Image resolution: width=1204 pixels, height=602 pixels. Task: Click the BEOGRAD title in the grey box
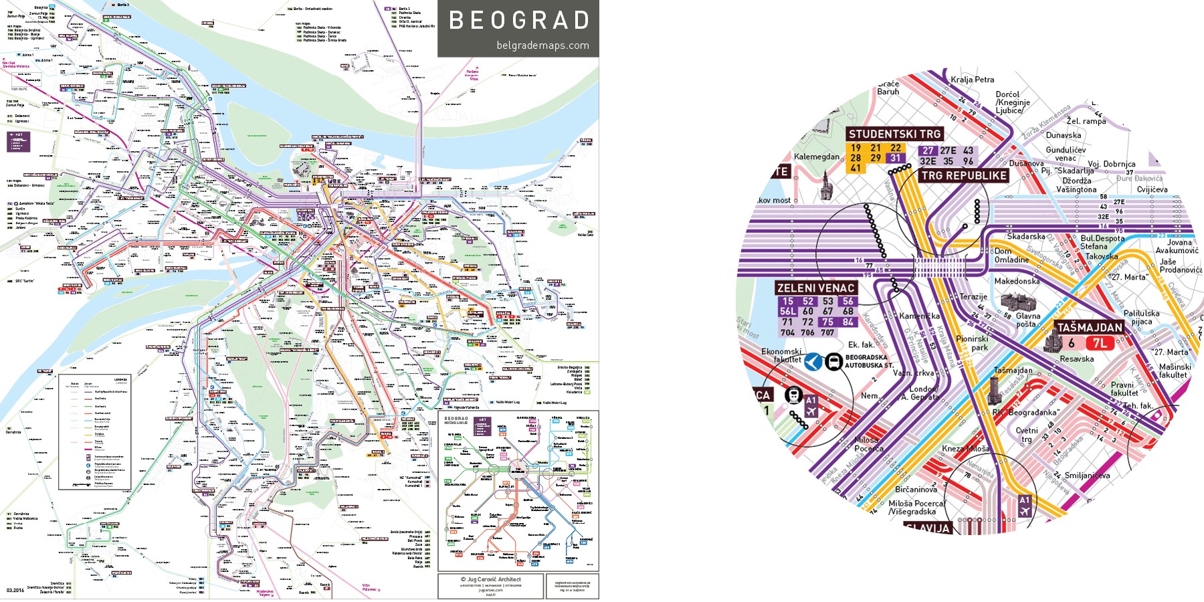tap(519, 20)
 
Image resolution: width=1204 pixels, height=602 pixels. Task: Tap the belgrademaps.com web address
tap(542, 45)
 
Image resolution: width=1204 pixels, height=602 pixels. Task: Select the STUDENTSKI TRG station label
tap(894, 134)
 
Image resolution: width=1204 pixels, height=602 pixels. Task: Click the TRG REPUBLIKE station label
tap(964, 175)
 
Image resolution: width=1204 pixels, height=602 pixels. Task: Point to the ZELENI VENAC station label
tap(815, 288)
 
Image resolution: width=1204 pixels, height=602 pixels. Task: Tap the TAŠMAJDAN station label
tap(1089, 327)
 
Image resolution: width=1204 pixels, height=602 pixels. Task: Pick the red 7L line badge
tap(1100, 344)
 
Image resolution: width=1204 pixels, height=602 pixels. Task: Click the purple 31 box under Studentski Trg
tap(895, 158)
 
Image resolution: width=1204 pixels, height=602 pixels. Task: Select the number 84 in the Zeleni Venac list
tap(847, 322)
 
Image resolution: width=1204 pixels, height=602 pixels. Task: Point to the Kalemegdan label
tap(816, 157)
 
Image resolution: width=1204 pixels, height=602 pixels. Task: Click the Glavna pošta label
tap(1028, 320)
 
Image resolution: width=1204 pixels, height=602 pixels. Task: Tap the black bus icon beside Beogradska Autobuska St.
tap(833, 362)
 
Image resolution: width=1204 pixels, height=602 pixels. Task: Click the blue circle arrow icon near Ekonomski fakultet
tap(813, 362)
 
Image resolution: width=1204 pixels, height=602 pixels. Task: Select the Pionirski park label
tap(971, 343)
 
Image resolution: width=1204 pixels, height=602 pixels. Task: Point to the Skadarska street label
tap(1025, 236)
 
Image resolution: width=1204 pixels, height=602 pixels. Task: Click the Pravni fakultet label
tap(1123, 389)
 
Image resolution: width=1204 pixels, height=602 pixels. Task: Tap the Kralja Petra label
tap(972, 80)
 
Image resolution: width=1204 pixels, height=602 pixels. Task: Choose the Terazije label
tap(973, 296)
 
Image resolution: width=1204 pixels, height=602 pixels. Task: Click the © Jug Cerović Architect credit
tap(490, 579)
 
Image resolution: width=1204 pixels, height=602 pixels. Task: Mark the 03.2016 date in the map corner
tap(15, 590)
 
